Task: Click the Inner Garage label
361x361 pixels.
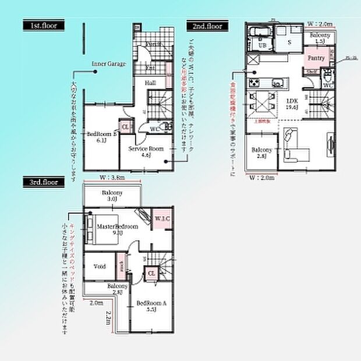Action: click(x=108, y=63)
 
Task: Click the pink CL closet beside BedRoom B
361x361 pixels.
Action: click(x=125, y=126)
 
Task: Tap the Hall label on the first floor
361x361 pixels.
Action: click(x=150, y=83)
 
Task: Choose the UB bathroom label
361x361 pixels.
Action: click(x=262, y=45)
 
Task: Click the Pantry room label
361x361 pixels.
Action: click(x=316, y=58)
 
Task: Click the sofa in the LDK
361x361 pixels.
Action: click(x=295, y=147)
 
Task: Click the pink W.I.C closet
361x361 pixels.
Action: click(x=162, y=218)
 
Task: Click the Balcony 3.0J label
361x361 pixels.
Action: click(x=112, y=195)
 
